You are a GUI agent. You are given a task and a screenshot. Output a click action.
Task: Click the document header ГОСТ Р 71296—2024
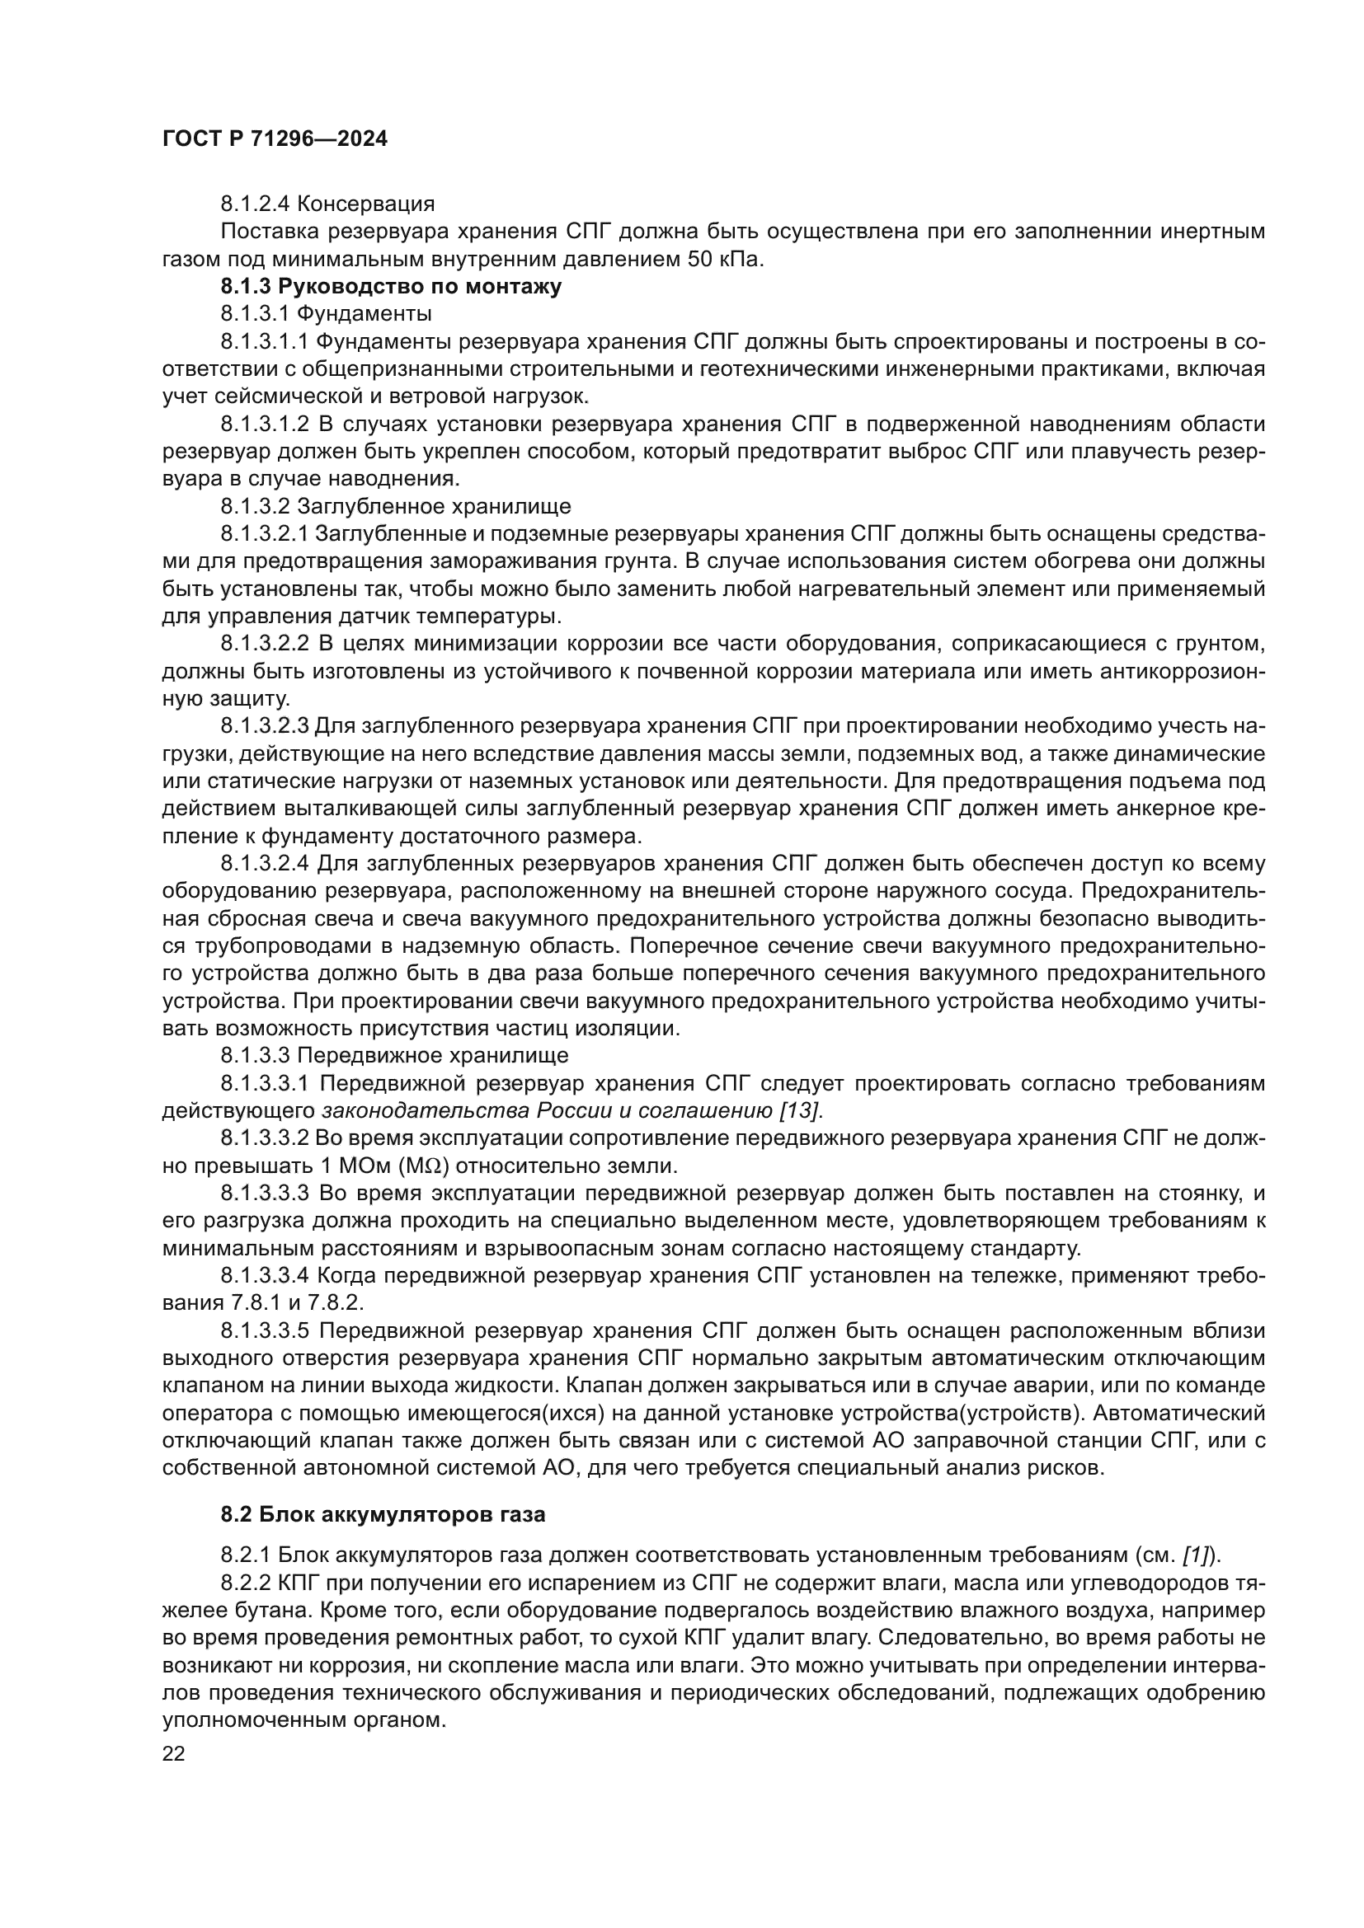point(275,139)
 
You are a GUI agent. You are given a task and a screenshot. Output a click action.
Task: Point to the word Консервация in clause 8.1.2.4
point(365,204)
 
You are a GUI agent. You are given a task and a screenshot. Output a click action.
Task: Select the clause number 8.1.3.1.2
point(266,424)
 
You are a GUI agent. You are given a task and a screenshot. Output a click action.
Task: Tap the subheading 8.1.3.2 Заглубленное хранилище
point(396,506)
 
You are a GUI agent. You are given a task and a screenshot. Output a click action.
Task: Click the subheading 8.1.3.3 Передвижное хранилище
point(394,1055)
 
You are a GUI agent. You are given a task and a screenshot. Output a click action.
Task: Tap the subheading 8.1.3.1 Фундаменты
point(326,314)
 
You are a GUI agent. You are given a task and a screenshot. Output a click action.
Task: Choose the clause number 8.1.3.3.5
point(266,1331)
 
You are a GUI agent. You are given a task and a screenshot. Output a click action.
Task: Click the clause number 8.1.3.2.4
point(266,863)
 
